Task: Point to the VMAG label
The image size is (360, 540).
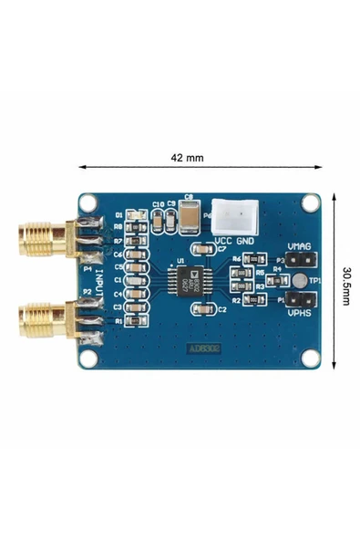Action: click(x=299, y=246)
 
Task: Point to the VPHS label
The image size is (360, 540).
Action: click(x=300, y=313)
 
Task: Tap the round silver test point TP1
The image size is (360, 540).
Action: click(x=298, y=280)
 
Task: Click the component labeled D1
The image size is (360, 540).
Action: click(x=136, y=215)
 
